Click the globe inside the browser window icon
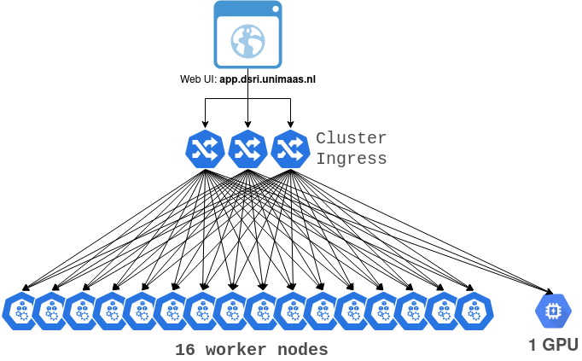(248, 41)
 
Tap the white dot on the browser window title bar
(276, 9)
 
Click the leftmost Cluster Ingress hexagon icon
(205, 149)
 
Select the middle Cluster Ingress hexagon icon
(247, 149)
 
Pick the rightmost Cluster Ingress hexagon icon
(290, 149)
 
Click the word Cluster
(351, 138)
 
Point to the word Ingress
(351, 159)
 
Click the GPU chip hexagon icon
(553, 311)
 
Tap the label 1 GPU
(554, 345)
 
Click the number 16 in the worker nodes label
(185, 350)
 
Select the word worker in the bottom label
(236, 350)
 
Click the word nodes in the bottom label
(302, 350)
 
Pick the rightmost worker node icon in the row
(474, 311)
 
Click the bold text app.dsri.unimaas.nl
(267, 79)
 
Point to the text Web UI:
(199, 79)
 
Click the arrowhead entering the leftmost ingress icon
(205, 125)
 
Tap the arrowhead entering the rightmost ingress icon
(290, 125)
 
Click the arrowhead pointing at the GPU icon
(550, 291)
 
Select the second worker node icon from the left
(52, 311)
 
